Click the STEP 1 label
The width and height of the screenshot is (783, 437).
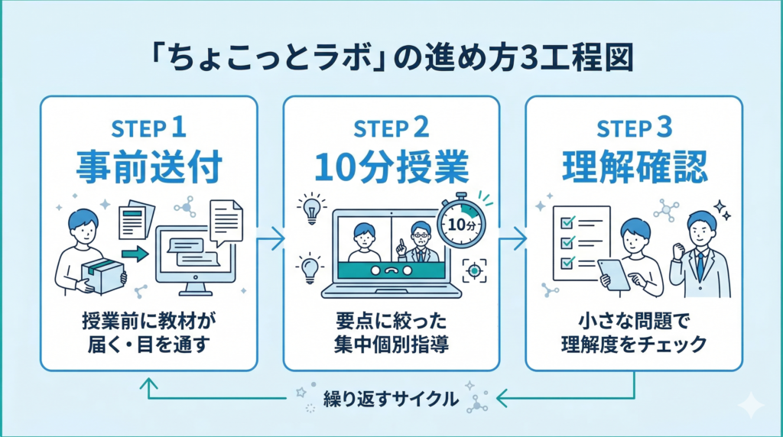[x=148, y=128]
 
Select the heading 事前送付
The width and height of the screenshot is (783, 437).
[x=148, y=166]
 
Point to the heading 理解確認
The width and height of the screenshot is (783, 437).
[x=634, y=166]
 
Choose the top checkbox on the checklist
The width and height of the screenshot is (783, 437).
[x=567, y=223]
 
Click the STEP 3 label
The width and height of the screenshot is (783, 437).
[x=634, y=128]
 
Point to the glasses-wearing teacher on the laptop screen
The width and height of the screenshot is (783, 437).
[x=420, y=243]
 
